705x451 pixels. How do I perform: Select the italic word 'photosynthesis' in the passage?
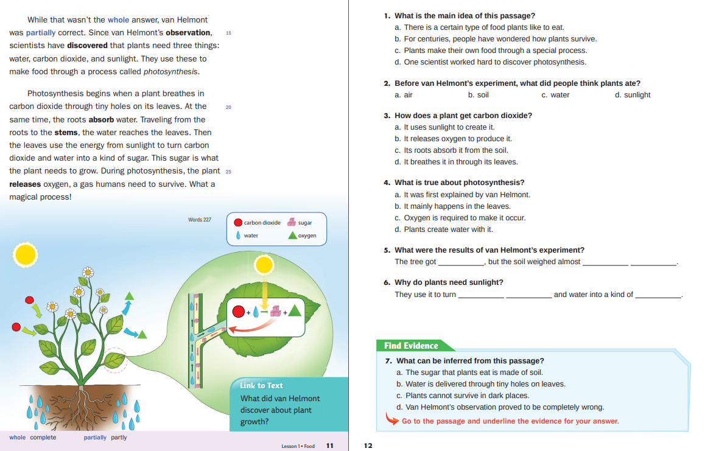tap(170, 71)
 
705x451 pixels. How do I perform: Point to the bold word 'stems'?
tap(66, 132)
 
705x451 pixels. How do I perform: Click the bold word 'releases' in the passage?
tap(25, 184)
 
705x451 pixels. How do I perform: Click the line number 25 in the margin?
tap(228, 171)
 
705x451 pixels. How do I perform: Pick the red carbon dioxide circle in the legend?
tap(238, 223)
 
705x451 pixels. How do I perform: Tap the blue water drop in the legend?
tap(238, 236)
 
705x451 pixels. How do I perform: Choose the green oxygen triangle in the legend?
tap(292, 235)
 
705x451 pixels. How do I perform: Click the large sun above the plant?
tap(26, 254)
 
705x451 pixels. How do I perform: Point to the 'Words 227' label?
tap(200, 219)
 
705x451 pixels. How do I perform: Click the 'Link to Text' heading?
tap(261, 385)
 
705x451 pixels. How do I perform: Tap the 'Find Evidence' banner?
tap(411, 346)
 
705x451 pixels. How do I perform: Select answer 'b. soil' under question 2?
tap(478, 95)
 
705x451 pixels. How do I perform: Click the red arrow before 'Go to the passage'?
tap(392, 419)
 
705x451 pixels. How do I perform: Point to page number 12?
tap(368, 446)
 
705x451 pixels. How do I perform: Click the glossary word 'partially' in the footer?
tap(95, 438)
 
